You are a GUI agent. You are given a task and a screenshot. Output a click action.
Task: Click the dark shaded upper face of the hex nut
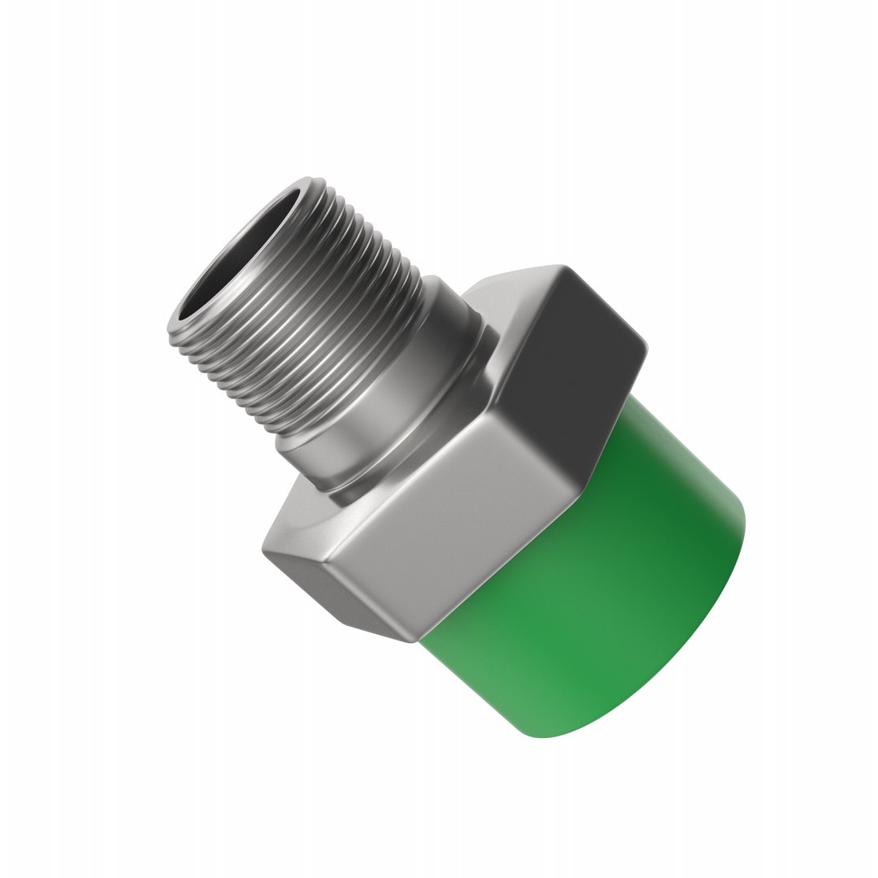[x=569, y=358]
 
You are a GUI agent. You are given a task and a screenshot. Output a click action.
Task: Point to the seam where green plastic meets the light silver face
[x=504, y=569]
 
